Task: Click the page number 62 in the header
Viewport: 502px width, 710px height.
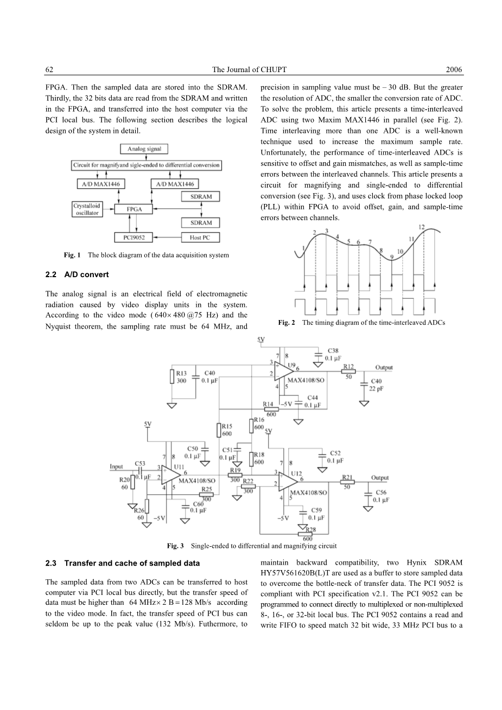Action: [49, 70]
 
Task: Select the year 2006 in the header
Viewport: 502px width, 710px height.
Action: [454, 70]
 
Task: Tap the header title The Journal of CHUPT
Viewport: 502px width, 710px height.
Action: [249, 70]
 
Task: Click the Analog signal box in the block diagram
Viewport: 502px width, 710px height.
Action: [144, 149]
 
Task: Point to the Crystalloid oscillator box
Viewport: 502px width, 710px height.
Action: [87, 209]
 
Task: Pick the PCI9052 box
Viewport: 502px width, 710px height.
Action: [130, 237]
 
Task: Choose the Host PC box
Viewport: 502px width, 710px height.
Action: [201, 237]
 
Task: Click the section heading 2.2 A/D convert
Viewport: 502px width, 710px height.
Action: [78, 275]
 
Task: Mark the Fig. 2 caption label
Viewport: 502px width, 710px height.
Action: [286, 323]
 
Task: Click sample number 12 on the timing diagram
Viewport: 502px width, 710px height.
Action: [422, 227]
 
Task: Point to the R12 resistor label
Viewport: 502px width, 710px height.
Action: [348, 367]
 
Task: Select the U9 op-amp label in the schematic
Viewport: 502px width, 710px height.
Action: [291, 366]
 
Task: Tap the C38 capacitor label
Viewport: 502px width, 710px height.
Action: [333, 351]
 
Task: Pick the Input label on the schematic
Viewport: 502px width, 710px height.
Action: [117, 466]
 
